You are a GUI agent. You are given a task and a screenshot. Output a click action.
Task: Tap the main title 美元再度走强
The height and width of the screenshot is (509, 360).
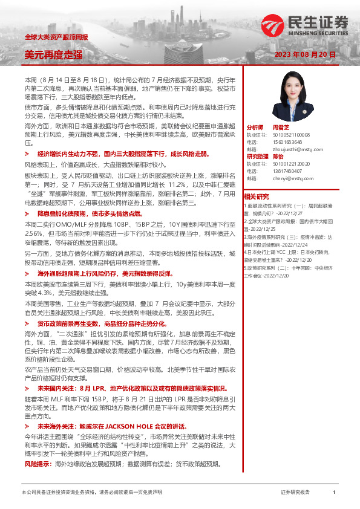(x=53, y=55)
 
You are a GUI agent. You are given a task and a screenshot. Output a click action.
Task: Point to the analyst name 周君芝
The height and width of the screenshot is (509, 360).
(x=282, y=128)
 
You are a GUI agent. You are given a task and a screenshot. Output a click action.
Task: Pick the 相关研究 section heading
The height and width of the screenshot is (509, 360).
(x=257, y=197)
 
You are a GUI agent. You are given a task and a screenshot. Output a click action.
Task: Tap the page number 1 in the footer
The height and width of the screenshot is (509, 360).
(x=334, y=493)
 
